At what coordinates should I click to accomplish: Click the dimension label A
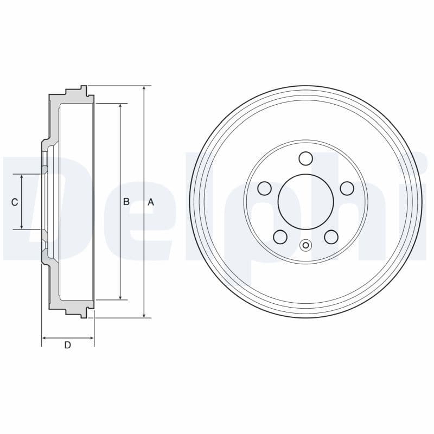(151, 202)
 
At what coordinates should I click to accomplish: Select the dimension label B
(126, 201)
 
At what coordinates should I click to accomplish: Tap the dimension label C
(15, 202)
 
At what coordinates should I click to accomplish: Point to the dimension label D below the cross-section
(68, 345)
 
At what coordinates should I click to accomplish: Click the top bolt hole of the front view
(305, 158)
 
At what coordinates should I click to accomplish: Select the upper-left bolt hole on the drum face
(264, 188)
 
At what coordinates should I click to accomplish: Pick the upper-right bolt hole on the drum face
(347, 188)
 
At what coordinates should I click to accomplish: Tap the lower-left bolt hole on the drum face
(280, 237)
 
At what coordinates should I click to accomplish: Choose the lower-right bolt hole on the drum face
(331, 237)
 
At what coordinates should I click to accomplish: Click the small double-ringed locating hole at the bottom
(305, 246)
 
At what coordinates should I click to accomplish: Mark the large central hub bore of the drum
(305, 202)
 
